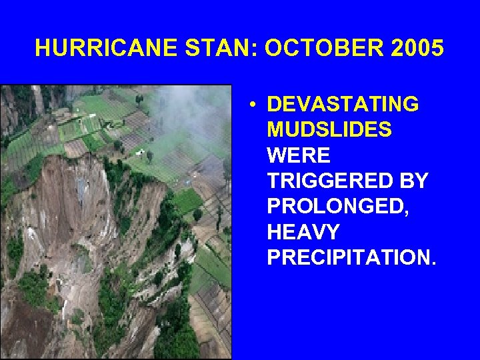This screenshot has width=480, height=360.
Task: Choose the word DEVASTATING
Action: click(343, 105)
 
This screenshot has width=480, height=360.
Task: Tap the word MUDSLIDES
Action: click(329, 130)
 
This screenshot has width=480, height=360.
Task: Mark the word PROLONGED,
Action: click(336, 206)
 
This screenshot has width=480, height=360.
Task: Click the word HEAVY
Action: click(303, 231)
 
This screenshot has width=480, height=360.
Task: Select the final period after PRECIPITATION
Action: click(434, 263)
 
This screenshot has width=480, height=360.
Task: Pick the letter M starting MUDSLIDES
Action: click(275, 130)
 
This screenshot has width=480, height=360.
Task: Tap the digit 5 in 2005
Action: click(437, 49)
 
